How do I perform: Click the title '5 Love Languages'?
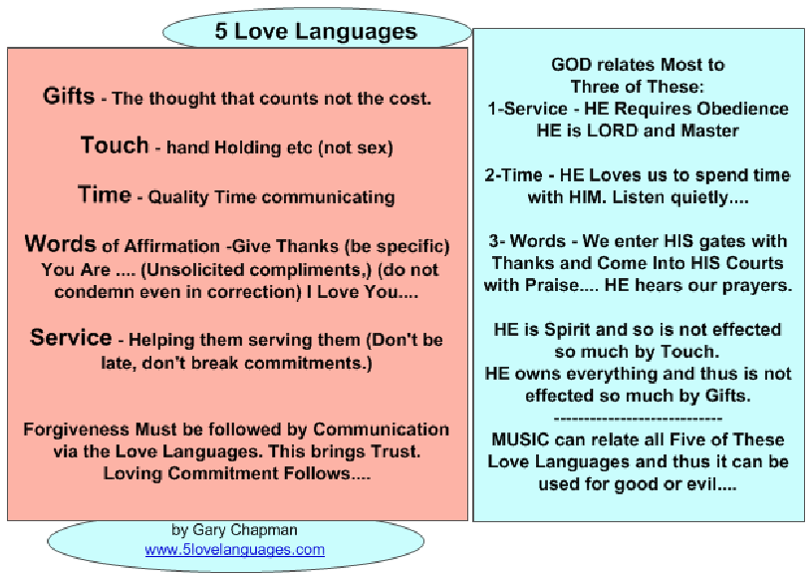pyautogui.click(x=316, y=31)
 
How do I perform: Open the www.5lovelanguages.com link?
pyautogui.click(x=234, y=549)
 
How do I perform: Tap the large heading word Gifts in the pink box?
pyautogui.click(x=69, y=96)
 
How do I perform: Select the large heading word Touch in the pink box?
pyautogui.click(x=115, y=145)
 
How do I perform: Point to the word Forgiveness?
pyautogui.click(x=76, y=430)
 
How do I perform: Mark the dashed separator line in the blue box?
pyautogui.click(x=638, y=419)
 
